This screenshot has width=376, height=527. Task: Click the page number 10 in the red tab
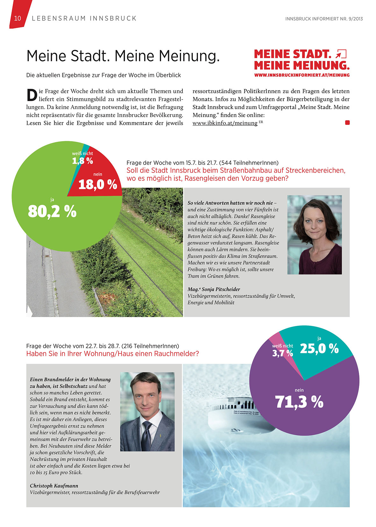[x=18, y=18]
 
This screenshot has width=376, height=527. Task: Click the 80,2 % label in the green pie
[x=52, y=211]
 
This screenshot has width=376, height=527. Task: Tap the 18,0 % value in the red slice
[x=98, y=184]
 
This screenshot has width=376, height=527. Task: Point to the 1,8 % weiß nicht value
[x=82, y=161]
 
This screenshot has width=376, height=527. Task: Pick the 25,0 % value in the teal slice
[x=319, y=349]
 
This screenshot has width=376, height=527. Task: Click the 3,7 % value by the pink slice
[x=282, y=353]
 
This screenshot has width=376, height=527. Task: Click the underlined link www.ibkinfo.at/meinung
[x=225, y=123]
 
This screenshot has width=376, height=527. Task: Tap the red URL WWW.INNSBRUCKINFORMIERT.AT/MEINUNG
[x=302, y=75]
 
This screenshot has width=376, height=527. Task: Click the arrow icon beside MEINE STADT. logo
[x=341, y=54]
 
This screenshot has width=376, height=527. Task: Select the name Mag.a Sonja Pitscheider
[x=214, y=289]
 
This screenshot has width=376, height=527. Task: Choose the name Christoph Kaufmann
[x=54, y=486]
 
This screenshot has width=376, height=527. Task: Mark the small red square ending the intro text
[x=347, y=123]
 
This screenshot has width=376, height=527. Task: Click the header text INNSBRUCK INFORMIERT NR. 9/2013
[x=324, y=19]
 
